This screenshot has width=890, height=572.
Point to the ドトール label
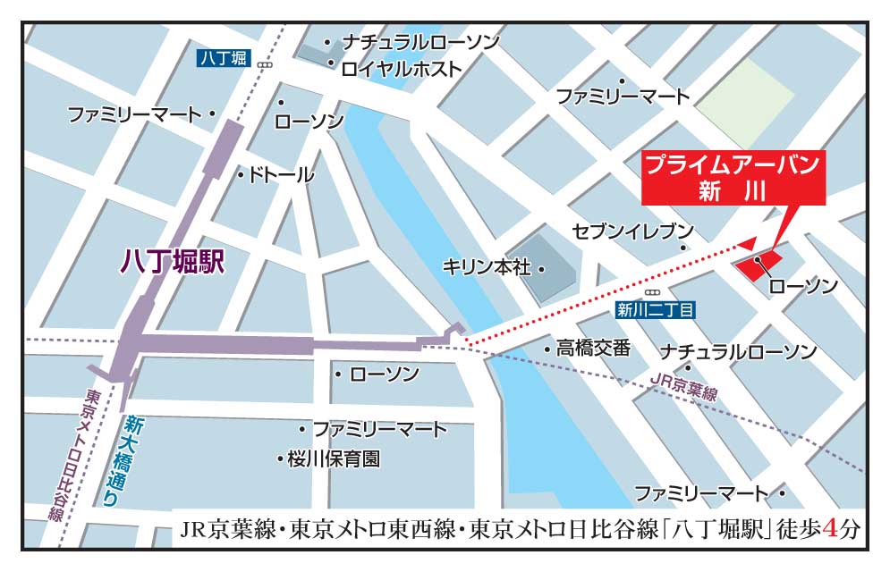coord(282,174)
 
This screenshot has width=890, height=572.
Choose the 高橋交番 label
coord(593,348)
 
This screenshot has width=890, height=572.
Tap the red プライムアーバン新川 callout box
coord(733,177)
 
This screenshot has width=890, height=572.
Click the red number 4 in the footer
coord(831,528)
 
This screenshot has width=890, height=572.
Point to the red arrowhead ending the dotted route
coord(747,243)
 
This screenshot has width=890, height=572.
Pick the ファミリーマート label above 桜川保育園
coord(379,429)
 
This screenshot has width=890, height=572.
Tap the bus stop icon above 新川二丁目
coord(652,291)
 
